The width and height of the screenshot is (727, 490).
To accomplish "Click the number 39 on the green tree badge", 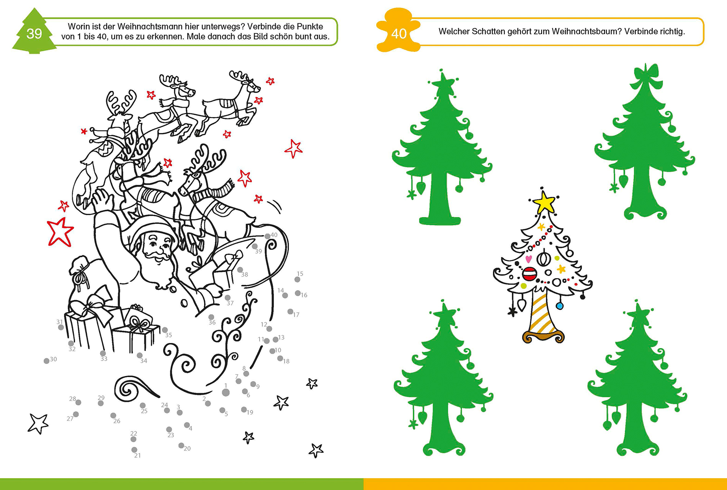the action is coord(34,34).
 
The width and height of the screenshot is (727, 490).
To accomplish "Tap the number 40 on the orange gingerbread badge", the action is coord(399,34).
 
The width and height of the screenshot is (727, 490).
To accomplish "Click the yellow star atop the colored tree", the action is coord(544,202).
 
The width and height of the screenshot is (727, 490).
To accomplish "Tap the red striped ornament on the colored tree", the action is coord(529,274).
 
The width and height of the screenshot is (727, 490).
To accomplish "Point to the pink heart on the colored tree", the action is coord(528,259).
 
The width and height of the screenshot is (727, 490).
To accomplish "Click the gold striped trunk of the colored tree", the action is coord(543,313).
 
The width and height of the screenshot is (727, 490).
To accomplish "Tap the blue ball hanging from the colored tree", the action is coord(559,306).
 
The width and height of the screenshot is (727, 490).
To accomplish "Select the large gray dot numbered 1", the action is coord(226,392).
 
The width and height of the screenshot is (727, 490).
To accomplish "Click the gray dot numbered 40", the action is coord(268,236).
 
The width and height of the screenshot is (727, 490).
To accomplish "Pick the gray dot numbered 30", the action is coord(46,361).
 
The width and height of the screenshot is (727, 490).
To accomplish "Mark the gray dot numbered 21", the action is coord(134,450).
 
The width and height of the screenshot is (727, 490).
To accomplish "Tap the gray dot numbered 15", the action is coord(297,279).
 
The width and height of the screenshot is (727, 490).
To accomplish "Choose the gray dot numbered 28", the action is coord(78,402).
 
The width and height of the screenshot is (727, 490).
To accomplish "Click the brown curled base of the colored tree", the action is coord(543,337).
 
